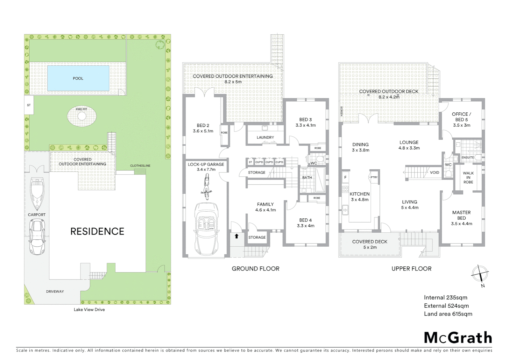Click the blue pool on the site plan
(x=78, y=78)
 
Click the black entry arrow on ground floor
(x=237, y=236)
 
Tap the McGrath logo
(x=458, y=338)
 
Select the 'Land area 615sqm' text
(x=448, y=314)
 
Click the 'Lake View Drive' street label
(x=89, y=310)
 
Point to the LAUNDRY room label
(x=265, y=137)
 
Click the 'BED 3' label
(x=305, y=120)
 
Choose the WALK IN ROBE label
(x=468, y=177)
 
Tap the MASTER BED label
(x=461, y=215)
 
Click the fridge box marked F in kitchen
(x=345, y=177)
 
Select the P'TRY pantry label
(x=374, y=177)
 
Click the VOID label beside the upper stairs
(x=434, y=172)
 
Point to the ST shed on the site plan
(x=29, y=105)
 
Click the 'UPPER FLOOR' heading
(x=411, y=269)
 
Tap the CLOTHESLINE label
(x=140, y=166)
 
